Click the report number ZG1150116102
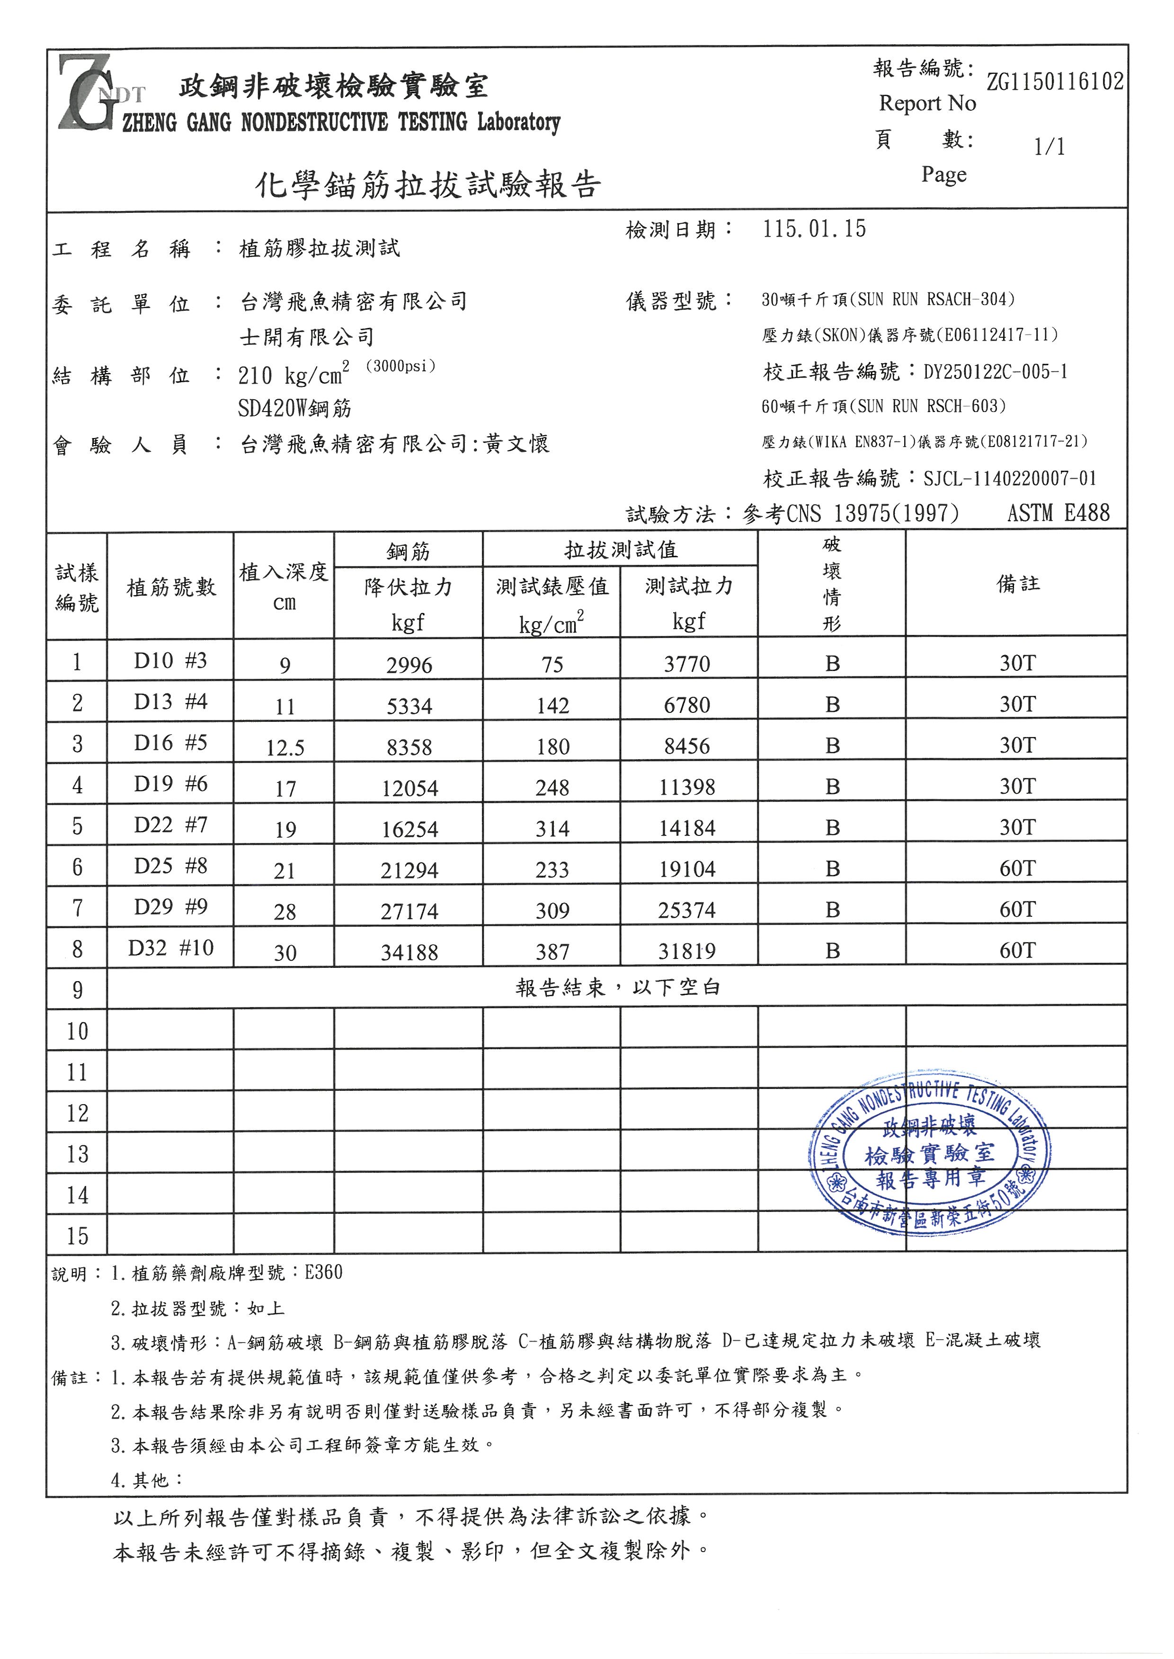(1055, 82)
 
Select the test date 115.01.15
(814, 229)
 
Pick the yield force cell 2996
(409, 665)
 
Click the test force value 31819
(687, 951)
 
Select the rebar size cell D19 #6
(170, 784)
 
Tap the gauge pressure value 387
(552, 952)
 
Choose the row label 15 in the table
(77, 1236)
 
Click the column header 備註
(1018, 584)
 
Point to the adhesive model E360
(323, 1273)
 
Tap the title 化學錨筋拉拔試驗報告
(428, 185)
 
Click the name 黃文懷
(517, 444)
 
